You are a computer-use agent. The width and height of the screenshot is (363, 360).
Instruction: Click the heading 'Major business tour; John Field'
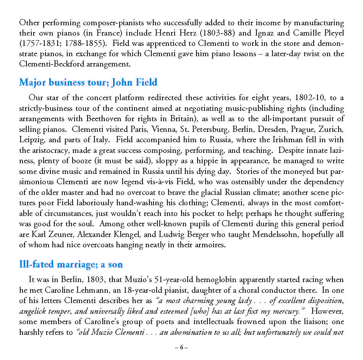[88, 82]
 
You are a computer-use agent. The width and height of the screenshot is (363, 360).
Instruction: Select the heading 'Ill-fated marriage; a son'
[71, 264]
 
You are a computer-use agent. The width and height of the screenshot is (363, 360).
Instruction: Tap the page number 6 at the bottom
[181, 347]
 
